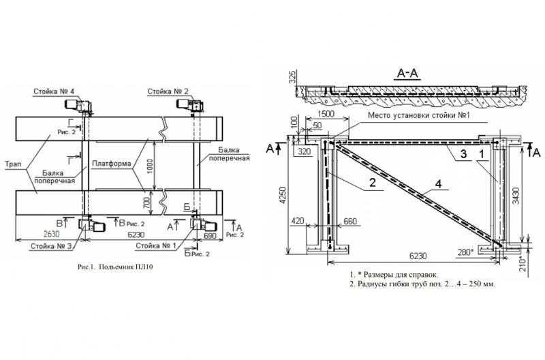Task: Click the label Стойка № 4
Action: tap(54, 91)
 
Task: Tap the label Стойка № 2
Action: tap(168, 91)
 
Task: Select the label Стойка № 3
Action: tap(51, 246)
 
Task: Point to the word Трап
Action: tap(13, 164)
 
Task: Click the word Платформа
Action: tap(112, 164)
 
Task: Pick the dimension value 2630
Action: tap(51, 235)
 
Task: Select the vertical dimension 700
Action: tap(146, 202)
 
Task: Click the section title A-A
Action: tap(408, 74)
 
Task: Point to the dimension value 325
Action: tap(292, 78)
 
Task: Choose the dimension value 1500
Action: tap(326, 114)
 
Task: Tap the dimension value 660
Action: tap(350, 221)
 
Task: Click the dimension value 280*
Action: tap(465, 252)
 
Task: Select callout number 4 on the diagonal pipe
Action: tap(439, 183)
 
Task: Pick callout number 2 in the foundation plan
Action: tap(372, 182)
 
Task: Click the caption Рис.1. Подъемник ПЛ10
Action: tap(115, 267)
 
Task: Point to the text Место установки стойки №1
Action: tap(419, 115)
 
